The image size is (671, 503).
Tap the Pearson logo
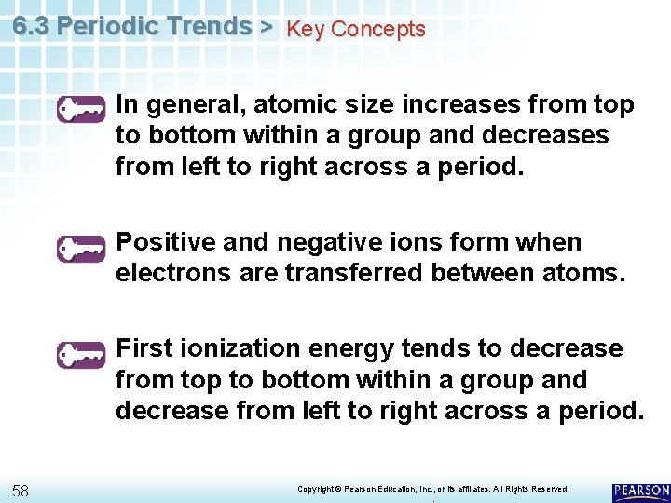pos(641,492)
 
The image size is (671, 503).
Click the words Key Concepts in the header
pos(355,29)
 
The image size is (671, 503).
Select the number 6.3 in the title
pos(31,26)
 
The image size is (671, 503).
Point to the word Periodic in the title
pos(108,26)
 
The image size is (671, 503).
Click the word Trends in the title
pos(209,26)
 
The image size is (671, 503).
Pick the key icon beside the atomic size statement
pos(80,111)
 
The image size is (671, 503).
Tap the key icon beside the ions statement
pos(80,249)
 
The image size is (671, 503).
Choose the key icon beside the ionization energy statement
pos(80,355)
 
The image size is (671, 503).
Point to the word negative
pos(317,242)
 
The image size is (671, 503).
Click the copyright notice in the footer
pos(432,489)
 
